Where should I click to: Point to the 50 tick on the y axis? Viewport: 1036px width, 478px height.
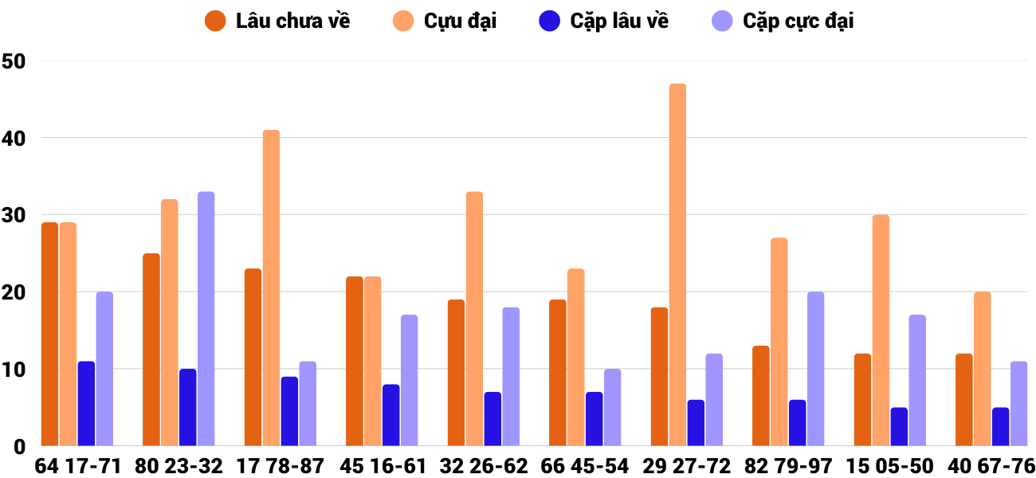tap(14, 61)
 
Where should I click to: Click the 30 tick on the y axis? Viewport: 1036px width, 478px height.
tap(14, 215)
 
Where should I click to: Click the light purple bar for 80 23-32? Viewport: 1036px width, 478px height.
tap(206, 319)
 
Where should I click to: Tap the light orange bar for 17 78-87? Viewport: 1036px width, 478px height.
tap(271, 288)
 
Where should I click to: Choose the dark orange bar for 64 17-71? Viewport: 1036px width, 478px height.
tap(49, 334)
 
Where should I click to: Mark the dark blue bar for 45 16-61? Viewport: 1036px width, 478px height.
tap(390, 415)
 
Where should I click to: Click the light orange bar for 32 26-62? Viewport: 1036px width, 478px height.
tap(474, 319)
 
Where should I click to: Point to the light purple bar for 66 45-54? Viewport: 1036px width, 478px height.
tap(612, 407)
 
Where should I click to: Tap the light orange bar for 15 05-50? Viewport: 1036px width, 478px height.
tap(881, 331)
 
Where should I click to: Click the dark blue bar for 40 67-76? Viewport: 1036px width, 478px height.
tap(1000, 426)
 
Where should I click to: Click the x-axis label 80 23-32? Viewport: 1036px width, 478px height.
tap(179, 466)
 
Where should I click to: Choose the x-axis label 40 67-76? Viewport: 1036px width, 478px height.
tap(992, 466)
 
